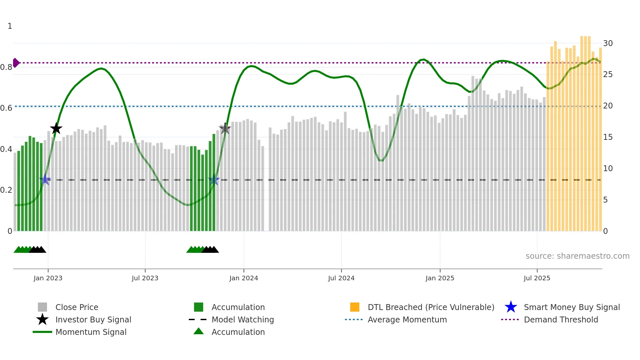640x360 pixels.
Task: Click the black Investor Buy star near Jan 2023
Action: pyautogui.click(x=56, y=128)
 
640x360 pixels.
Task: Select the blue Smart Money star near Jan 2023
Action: pyautogui.click(x=45, y=180)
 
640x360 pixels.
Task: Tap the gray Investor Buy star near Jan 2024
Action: pyautogui.click(x=225, y=129)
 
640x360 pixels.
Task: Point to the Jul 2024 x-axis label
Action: pyautogui.click(x=341, y=278)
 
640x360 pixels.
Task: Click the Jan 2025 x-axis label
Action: pyautogui.click(x=440, y=278)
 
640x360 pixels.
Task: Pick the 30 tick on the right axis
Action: pyautogui.click(x=608, y=43)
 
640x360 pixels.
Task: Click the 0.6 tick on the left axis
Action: pyautogui.click(x=6, y=108)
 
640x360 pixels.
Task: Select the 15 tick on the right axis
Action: pyautogui.click(x=608, y=137)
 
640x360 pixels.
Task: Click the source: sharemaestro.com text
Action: pyautogui.click(x=577, y=256)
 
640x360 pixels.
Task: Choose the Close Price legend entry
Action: pyautogui.click(x=76, y=307)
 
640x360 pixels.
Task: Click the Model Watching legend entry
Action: pyautogui.click(x=242, y=319)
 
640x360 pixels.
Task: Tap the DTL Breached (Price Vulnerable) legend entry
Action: pyautogui.click(x=431, y=307)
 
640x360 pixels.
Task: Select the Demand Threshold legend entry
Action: pyautogui.click(x=561, y=319)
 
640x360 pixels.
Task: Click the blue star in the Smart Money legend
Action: pyautogui.click(x=511, y=307)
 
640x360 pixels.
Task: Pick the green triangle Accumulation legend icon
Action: pyautogui.click(x=199, y=331)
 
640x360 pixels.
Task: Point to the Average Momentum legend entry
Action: pyautogui.click(x=407, y=319)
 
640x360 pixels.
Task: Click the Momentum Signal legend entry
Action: pyautogui.click(x=91, y=332)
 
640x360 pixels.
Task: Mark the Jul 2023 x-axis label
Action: pyautogui.click(x=145, y=278)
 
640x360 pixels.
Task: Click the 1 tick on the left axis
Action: pyautogui.click(x=10, y=26)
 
